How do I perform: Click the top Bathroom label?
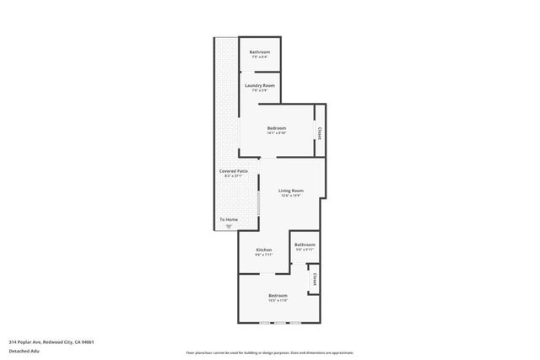(259, 52)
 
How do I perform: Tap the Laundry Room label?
(259, 85)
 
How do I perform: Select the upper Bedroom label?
(277, 128)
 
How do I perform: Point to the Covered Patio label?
(233, 171)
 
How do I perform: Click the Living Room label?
(291, 191)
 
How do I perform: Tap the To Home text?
(229, 220)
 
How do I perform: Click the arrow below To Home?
(229, 226)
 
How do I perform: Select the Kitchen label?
(264, 250)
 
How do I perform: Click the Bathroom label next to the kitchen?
(305, 244)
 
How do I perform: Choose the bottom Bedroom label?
(278, 295)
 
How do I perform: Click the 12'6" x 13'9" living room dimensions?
(291, 196)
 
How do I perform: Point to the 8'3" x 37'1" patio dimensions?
(233, 176)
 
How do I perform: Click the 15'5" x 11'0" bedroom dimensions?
(278, 300)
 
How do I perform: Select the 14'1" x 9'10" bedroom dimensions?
(277, 133)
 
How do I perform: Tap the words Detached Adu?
(24, 351)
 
